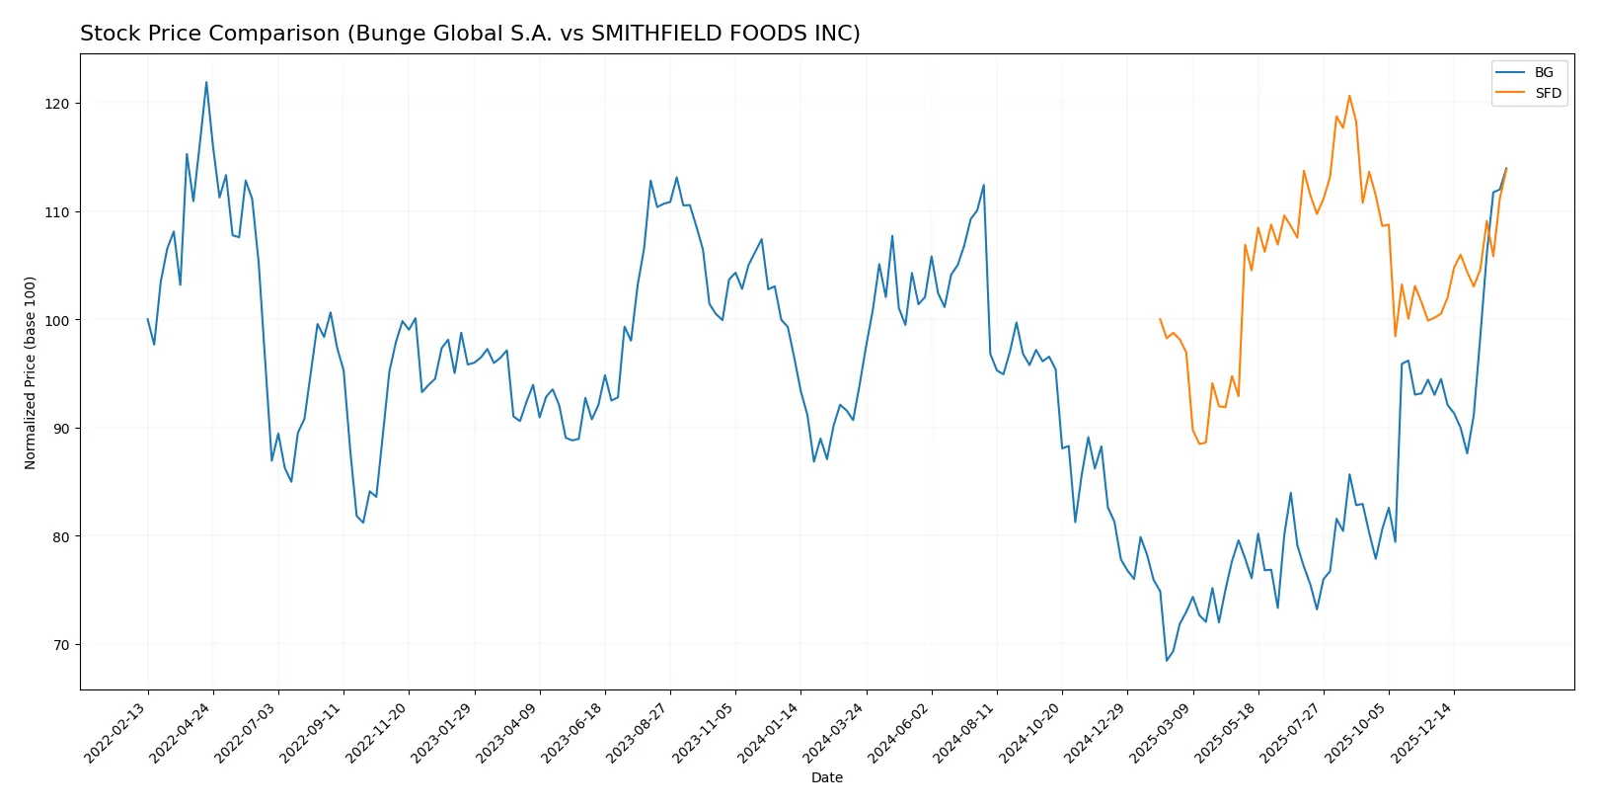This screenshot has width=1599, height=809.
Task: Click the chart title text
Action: [x=470, y=34]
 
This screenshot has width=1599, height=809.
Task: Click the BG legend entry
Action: [x=1543, y=72]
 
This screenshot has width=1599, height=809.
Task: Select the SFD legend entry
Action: [x=1547, y=93]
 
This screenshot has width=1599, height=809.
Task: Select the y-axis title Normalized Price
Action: [x=31, y=372]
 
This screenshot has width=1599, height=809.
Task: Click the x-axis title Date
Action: [x=826, y=777]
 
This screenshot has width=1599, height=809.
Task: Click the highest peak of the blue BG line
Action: [x=206, y=82]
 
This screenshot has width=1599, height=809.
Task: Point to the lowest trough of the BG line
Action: [x=1167, y=661]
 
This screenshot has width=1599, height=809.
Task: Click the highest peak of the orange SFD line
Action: [x=1349, y=96]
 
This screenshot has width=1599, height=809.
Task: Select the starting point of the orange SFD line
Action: [x=1160, y=319]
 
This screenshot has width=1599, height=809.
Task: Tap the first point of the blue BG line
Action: [x=148, y=319]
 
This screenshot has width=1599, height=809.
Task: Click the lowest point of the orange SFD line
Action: [x=1199, y=444]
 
